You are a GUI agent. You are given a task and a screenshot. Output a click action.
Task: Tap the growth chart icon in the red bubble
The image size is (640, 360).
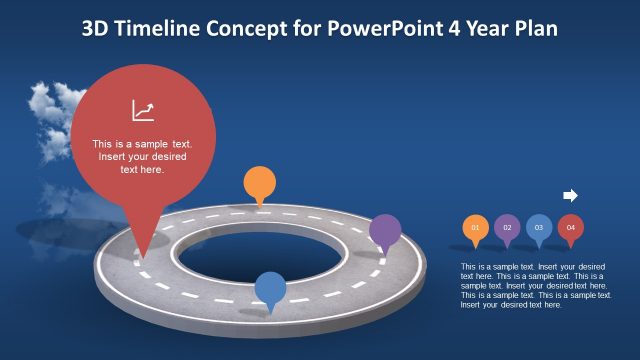click(x=142, y=110)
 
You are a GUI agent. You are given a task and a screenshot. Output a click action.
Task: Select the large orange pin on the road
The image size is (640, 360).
click(x=259, y=184)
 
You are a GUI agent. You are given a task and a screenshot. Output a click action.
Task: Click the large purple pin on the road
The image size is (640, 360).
click(x=385, y=232)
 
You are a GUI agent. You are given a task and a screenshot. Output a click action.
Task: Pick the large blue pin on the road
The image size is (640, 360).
click(x=270, y=288)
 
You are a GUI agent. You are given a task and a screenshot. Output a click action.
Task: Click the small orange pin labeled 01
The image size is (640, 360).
click(x=475, y=228)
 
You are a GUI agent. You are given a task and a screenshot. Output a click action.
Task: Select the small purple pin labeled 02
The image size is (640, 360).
click(x=507, y=228)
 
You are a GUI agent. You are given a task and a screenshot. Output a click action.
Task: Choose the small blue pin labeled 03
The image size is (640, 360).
click(x=539, y=228)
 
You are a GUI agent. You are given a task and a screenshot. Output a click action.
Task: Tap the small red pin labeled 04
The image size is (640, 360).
click(x=571, y=228)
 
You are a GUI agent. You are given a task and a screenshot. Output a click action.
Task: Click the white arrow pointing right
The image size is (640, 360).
click(x=571, y=195)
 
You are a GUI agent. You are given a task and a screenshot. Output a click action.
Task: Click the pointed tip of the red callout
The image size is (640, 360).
click(x=141, y=254)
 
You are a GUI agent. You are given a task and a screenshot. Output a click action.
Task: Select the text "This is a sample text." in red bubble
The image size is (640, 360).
click(x=142, y=143)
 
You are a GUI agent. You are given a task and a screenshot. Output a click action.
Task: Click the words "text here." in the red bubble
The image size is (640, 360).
click(x=142, y=170)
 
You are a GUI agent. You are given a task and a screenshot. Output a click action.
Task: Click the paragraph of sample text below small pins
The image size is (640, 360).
click(x=536, y=285)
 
